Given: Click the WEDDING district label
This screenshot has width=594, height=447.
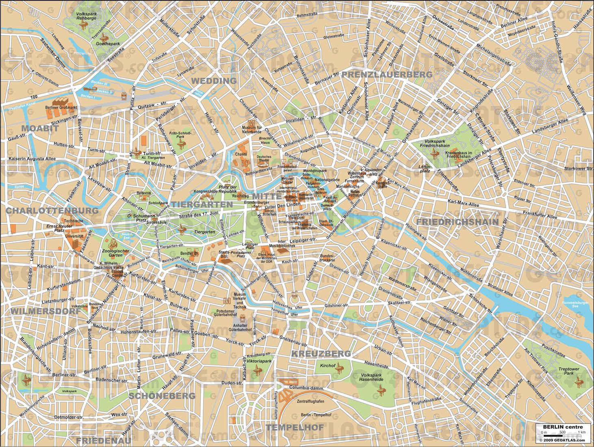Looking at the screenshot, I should [x=214, y=81].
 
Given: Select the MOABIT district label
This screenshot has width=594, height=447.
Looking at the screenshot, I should [x=40, y=128].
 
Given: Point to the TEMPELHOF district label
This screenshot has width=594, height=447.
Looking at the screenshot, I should [x=295, y=427].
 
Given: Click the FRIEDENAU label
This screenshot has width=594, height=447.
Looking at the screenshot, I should [x=104, y=440].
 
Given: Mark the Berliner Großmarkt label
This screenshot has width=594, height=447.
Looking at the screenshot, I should [x=61, y=108].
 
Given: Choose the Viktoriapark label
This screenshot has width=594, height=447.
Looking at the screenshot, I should [x=259, y=361].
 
